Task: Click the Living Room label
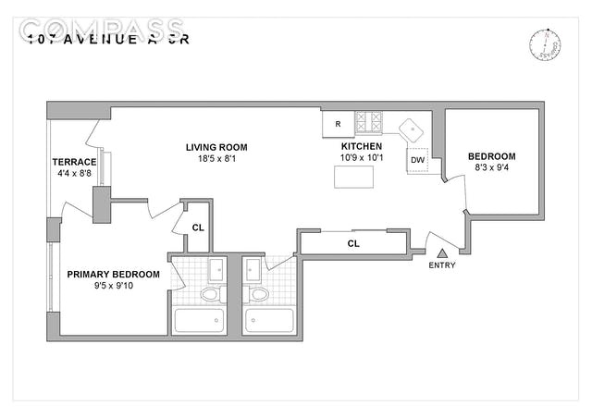pyautogui.click(x=216, y=147)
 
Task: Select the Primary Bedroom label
pyautogui.click(x=113, y=275)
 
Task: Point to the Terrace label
pyautogui.click(x=75, y=163)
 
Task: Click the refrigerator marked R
pyautogui.click(x=338, y=124)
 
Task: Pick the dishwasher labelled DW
pyautogui.click(x=418, y=160)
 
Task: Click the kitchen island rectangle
pyautogui.click(x=355, y=177)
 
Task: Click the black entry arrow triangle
pyautogui.click(x=442, y=252)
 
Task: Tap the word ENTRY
pyautogui.click(x=442, y=266)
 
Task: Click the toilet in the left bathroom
pyautogui.click(x=211, y=295)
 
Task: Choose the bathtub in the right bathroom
pyautogui.click(x=269, y=321)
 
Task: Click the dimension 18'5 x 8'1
pyautogui.click(x=216, y=159)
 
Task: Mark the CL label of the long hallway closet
pyautogui.click(x=353, y=244)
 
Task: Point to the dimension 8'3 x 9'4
pyautogui.click(x=492, y=168)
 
